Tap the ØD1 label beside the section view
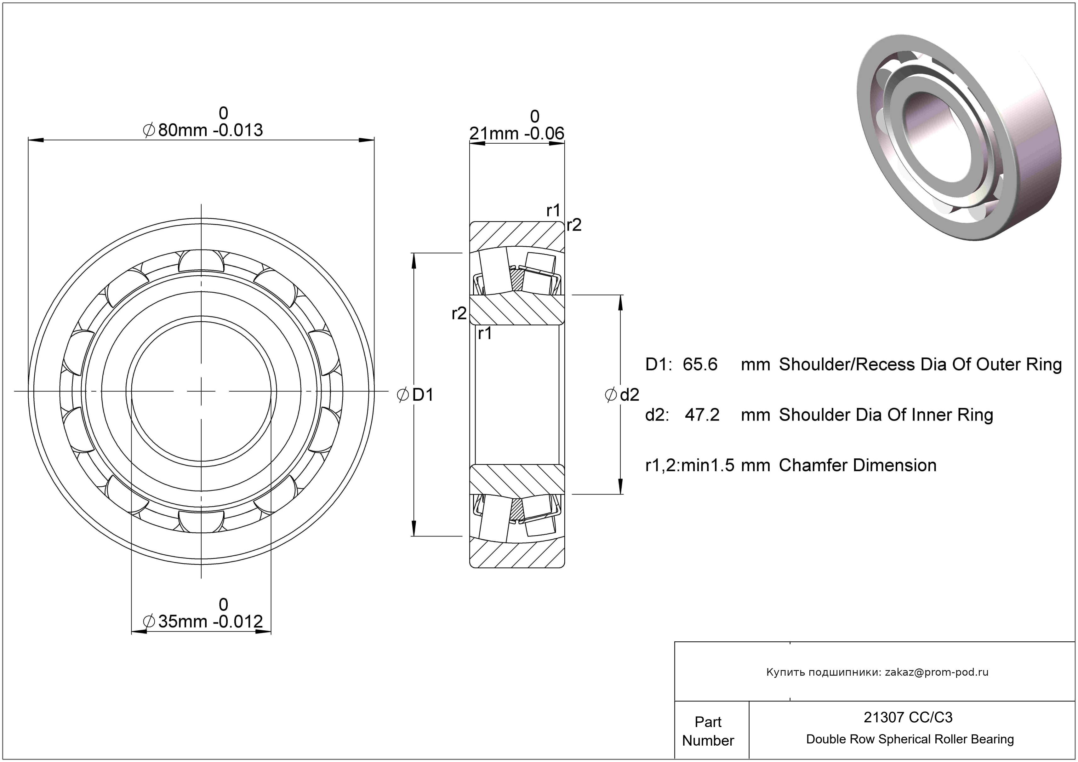415,395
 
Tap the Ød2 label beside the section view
622,395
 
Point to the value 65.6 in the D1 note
700,364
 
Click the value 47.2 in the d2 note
702,415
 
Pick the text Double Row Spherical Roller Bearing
910,739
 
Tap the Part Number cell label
708,731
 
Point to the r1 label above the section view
553,211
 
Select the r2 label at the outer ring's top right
574,225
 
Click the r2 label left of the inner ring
459,313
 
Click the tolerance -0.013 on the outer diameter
238,130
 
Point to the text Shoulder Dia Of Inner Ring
886,415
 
